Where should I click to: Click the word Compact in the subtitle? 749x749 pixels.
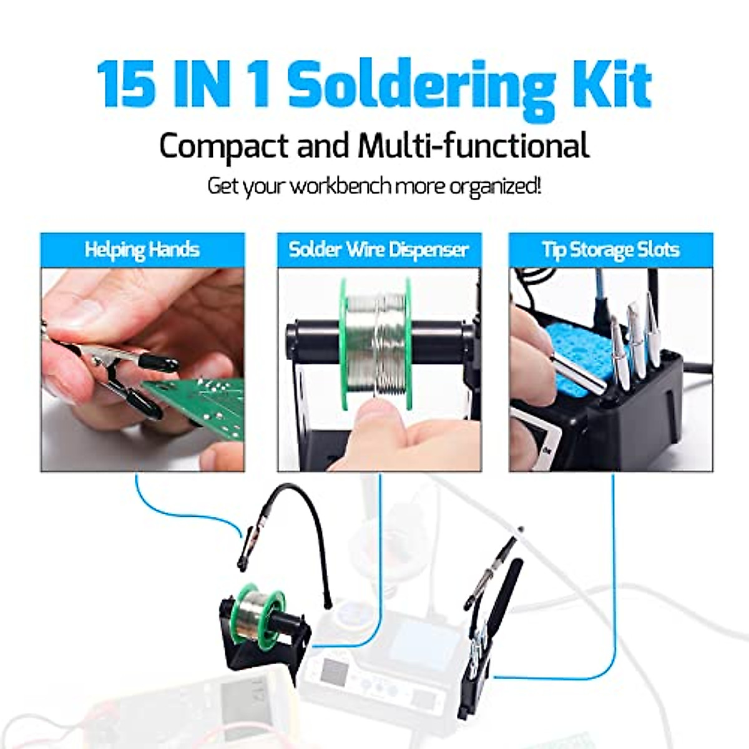tap(223, 145)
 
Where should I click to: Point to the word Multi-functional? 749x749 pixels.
tap(473, 145)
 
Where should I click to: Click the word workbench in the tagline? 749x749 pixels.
tap(331, 186)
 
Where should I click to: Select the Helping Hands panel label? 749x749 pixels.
tap(142, 250)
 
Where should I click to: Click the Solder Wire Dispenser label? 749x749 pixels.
tap(378, 250)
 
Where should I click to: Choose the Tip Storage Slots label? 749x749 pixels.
tap(610, 250)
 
